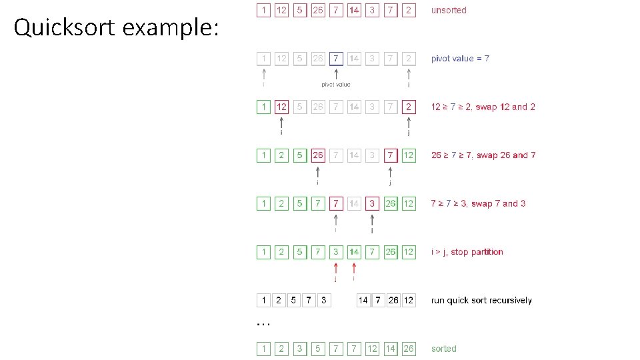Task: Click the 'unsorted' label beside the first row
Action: click(449, 10)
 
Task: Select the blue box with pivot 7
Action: click(336, 59)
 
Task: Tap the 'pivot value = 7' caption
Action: click(460, 59)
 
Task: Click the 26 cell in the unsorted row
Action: click(318, 11)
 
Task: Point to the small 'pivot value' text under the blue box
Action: click(336, 85)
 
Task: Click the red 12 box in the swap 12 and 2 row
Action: click(282, 107)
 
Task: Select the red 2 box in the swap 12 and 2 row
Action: click(408, 107)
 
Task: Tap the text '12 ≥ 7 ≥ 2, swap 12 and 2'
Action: click(483, 107)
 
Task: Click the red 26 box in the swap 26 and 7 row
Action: click(318, 155)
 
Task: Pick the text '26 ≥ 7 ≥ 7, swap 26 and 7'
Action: click(483, 155)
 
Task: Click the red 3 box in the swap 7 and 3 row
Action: click(372, 203)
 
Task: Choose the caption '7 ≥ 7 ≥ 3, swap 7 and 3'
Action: click(478, 203)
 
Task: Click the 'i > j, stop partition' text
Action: click(467, 252)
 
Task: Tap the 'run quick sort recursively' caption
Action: click(481, 301)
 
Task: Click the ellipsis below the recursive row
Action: click(263, 323)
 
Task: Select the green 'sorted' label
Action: click(444, 349)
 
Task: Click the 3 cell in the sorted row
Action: click(300, 349)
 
